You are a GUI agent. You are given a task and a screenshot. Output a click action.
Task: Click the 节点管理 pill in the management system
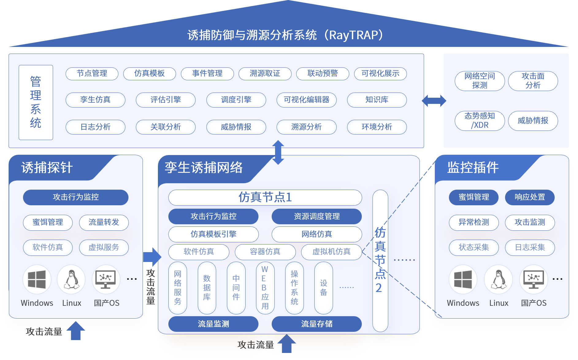92,74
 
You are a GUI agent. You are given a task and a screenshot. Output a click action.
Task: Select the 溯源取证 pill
265,74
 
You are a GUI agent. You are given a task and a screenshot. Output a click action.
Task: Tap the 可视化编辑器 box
306,100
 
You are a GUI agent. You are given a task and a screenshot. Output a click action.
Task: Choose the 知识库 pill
377,100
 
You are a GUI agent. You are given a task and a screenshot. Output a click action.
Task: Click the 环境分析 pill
377,127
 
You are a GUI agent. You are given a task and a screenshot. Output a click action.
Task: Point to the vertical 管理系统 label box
36,102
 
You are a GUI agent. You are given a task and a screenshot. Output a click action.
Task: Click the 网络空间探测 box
479,81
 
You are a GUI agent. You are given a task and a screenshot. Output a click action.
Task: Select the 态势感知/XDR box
479,121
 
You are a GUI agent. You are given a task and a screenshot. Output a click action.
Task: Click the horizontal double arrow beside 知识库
434,100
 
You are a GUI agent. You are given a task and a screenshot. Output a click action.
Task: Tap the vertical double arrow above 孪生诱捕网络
278,152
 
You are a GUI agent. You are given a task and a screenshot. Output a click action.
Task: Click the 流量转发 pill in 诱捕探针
104,222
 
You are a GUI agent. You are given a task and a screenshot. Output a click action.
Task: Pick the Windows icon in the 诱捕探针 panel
37,279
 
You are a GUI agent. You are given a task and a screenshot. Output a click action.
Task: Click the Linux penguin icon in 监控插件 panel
499,279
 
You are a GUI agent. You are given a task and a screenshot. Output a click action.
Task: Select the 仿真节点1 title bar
265,197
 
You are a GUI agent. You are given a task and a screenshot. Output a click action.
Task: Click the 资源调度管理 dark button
316,216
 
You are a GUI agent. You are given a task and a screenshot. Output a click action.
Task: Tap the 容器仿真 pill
265,252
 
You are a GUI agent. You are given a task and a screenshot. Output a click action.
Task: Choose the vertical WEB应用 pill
265,288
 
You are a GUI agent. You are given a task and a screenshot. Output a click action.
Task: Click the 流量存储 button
316,324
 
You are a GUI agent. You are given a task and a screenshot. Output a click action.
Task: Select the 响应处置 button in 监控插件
530,197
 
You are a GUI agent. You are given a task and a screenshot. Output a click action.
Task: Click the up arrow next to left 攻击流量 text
76,331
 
